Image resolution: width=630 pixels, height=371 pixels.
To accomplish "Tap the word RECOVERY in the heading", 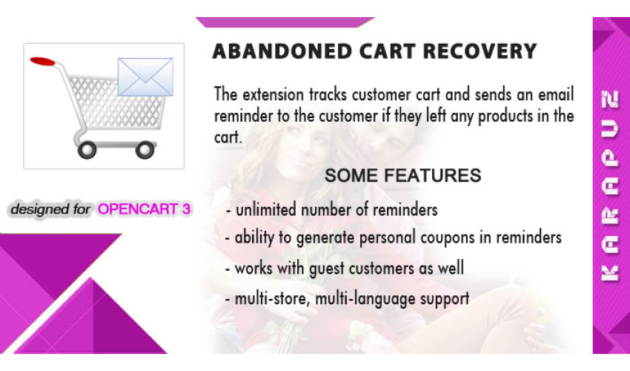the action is pos(480,51).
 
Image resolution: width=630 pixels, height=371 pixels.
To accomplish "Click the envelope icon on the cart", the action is pos(145,77).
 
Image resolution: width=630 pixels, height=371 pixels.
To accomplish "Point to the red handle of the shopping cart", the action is pos(42,61).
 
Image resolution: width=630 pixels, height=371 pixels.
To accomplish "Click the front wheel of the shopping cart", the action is pos(145,150).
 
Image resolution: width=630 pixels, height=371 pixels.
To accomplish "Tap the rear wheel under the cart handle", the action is pos(87,150).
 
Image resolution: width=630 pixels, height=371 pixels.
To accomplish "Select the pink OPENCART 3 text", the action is pos(144,209).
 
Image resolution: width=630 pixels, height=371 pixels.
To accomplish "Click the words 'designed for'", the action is pos(50,209).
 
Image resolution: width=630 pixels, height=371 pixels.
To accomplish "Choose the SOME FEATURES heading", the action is pos(402,175).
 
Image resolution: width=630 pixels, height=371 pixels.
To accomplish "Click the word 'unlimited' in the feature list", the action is pos(265,210).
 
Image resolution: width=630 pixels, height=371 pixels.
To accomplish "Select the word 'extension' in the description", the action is pos(273,95).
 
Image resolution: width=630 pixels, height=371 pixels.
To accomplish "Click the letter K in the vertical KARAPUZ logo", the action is pos(609,273).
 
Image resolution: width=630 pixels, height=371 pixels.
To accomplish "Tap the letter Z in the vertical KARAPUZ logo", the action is pos(609,99).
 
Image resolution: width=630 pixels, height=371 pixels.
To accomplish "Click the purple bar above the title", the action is pos(285,22).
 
